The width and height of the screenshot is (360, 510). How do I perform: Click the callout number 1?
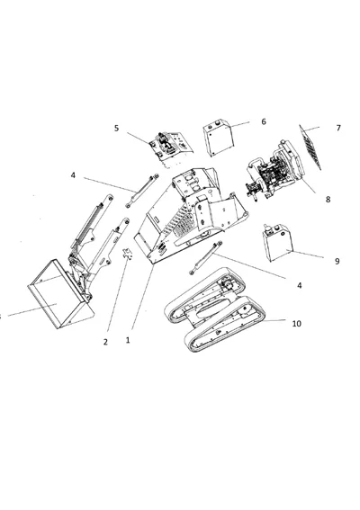[x=128, y=341]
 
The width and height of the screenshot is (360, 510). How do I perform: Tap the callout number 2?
[x=104, y=342]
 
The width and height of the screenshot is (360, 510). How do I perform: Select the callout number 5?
[x=116, y=129]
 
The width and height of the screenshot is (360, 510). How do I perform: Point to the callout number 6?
[x=263, y=121]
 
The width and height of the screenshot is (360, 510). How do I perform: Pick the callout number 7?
[x=338, y=128]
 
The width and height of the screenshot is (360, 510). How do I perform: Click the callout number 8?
[x=328, y=200]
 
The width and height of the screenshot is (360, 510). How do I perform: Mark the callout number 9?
[x=337, y=261]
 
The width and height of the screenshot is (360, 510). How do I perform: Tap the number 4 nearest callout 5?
[x=73, y=175]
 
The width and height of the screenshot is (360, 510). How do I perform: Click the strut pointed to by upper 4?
[x=142, y=190]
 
